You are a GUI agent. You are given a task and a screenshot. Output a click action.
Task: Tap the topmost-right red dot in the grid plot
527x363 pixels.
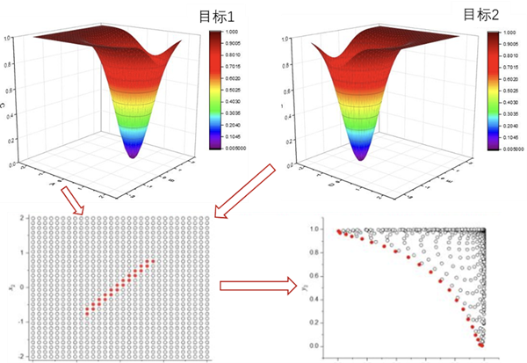155,260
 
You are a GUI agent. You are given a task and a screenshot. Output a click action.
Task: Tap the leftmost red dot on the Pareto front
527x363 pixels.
338,231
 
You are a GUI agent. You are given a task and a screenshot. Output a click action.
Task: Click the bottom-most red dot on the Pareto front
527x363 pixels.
482,345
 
